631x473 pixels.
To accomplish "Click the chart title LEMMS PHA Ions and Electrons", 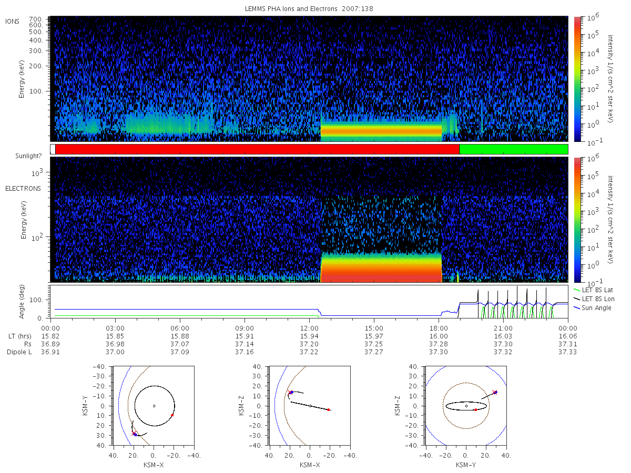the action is click(x=291, y=9).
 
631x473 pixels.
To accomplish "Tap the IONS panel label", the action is click(x=13, y=22).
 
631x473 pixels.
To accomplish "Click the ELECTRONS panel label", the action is click(x=23, y=189).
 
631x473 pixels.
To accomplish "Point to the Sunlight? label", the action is click(x=28, y=156).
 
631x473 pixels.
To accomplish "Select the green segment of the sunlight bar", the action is click(x=513, y=149).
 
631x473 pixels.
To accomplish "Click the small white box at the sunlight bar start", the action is click(x=53, y=149).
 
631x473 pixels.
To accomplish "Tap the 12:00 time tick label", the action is click(x=309, y=328).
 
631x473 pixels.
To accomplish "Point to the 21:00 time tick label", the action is click(x=503, y=328).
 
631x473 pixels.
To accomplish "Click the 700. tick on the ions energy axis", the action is click(x=36, y=19).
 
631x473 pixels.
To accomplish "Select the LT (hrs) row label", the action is click(x=20, y=336).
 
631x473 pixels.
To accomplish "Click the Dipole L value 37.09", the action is click(x=180, y=352).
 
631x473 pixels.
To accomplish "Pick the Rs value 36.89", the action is click(x=50, y=344).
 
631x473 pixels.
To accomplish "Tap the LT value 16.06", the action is click(x=568, y=336).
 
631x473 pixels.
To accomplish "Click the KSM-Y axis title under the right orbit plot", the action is click(x=466, y=465).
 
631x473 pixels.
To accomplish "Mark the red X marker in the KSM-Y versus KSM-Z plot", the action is click(x=494, y=392).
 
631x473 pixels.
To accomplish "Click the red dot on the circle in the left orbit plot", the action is click(x=172, y=415).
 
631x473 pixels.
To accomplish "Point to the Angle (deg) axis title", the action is click(x=22, y=302).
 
